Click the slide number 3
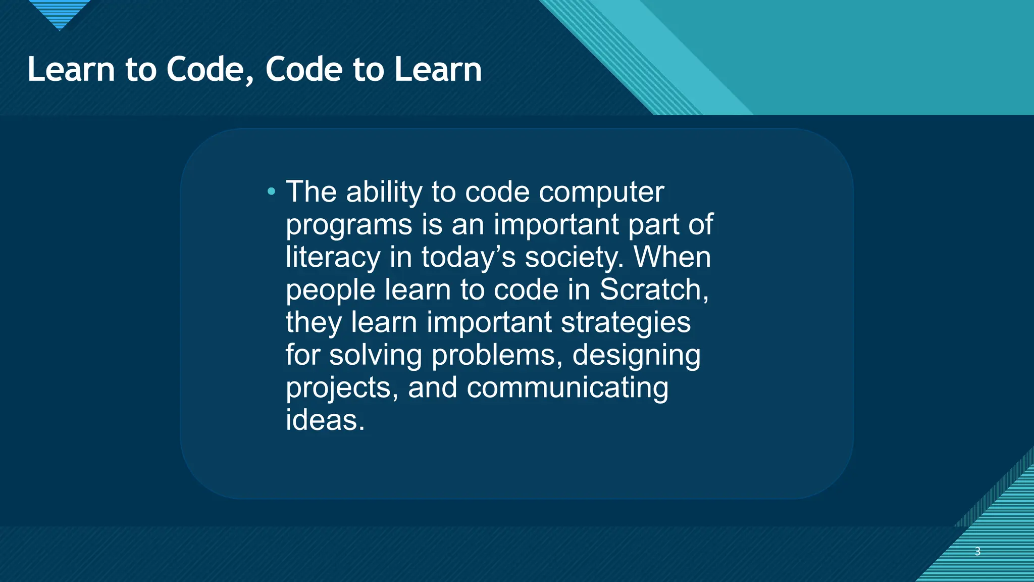point(977,551)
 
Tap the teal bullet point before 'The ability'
point(272,191)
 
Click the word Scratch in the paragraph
point(654,289)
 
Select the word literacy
point(333,257)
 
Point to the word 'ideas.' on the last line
point(325,420)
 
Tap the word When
point(672,257)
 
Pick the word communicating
point(567,388)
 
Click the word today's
point(468,257)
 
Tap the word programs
point(349,225)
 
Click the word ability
point(384,192)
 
